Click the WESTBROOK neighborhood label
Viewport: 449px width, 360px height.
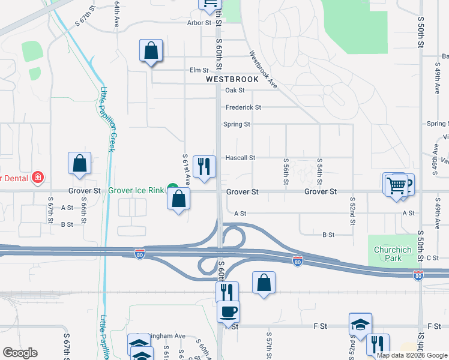(232, 79)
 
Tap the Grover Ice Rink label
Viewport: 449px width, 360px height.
(136, 191)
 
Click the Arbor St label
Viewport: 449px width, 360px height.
(199, 23)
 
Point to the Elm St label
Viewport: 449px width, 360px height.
(199, 70)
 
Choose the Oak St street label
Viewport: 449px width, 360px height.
(235, 91)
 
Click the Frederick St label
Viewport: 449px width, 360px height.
(243, 107)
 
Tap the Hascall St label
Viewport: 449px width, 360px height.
(240, 158)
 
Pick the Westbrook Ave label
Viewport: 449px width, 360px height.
(262, 70)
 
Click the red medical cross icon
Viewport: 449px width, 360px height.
(37, 178)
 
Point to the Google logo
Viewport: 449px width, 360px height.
(20, 353)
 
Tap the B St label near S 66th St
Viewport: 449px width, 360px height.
(67, 224)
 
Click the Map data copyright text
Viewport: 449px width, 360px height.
(411, 355)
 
